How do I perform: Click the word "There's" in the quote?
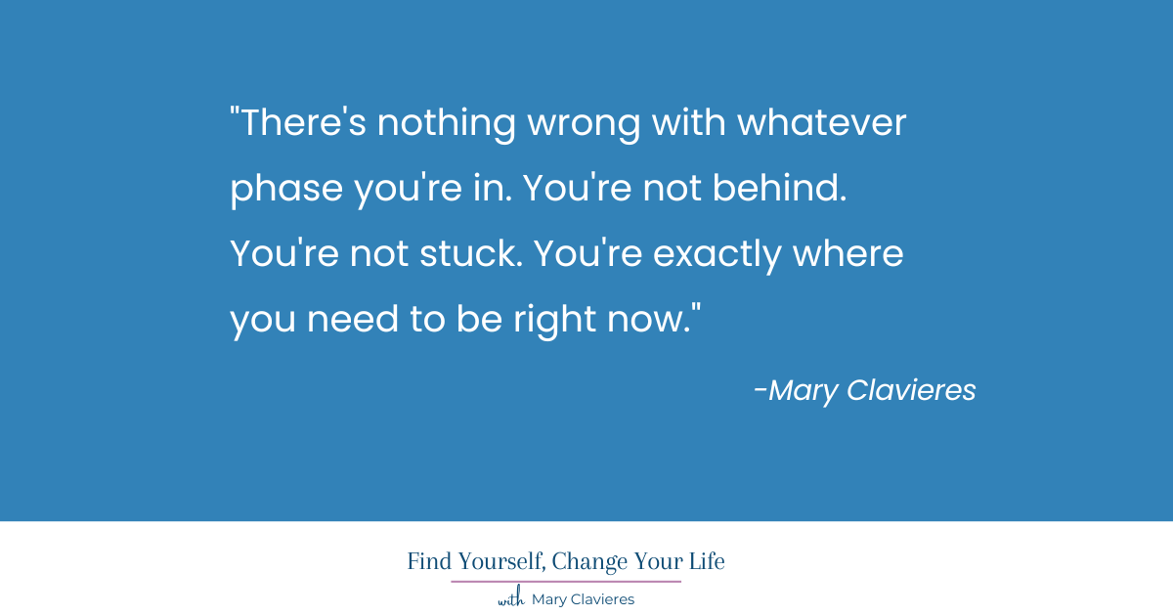point(299,124)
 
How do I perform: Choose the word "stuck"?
point(459,254)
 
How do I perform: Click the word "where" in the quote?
point(847,254)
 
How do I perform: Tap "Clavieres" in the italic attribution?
point(911,390)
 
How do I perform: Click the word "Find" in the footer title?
point(426,562)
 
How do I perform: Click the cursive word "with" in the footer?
point(511,599)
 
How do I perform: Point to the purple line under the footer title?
point(566,582)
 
